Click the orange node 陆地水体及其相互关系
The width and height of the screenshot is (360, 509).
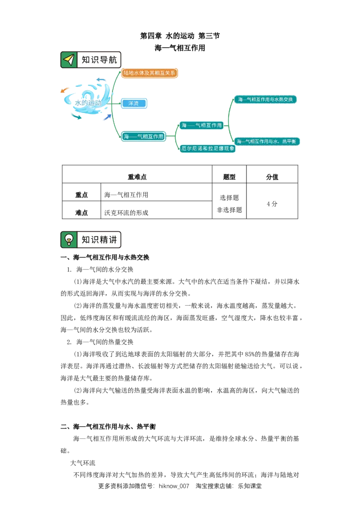point(149,73)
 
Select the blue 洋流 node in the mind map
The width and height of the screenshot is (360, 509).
point(134,103)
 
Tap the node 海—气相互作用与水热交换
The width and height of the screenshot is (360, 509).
point(265,99)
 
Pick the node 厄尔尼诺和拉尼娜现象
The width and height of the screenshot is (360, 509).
point(207,148)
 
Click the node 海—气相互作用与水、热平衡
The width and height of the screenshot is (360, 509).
point(267,141)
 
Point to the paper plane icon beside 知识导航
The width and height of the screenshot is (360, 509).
point(69,60)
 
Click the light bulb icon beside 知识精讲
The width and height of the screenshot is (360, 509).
point(69,240)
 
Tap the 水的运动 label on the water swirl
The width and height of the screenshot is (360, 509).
point(88,103)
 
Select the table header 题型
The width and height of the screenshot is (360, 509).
point(229,177)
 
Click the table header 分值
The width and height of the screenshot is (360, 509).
point(272,177)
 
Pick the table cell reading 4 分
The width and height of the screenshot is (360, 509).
point(272,204)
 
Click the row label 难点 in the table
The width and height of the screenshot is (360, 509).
point(81,213)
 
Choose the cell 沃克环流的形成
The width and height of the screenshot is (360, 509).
point(126,213)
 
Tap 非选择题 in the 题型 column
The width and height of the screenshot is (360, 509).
point(229,210)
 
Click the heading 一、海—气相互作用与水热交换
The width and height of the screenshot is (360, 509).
point(105,257)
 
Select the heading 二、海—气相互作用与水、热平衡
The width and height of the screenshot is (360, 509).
point(108,427)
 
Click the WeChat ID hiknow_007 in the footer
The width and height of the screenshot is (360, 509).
point(174,486)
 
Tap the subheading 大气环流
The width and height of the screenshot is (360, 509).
point(83,463)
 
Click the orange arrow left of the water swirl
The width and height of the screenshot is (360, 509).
point(65,89)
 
